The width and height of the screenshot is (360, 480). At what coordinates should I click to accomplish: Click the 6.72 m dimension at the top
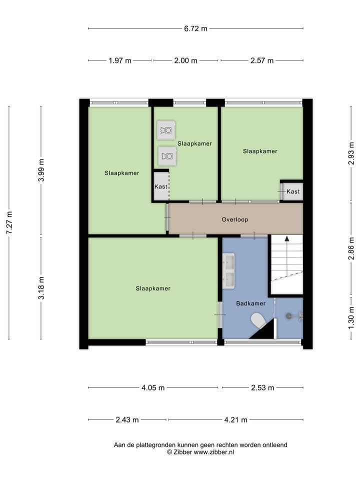coord(195,28)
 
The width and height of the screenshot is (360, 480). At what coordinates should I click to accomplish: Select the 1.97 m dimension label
coord(120,60)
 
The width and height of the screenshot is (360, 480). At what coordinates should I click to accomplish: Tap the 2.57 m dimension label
coord(262,60)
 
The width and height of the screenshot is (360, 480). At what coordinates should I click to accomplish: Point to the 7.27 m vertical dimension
coord(9,222)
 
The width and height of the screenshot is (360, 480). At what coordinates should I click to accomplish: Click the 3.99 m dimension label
coord(41,171)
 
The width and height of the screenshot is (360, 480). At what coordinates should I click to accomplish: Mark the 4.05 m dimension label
coord(152,387)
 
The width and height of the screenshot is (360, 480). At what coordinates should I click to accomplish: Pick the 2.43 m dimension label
coord(127,419)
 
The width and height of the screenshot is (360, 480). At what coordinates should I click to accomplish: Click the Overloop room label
coord(235,219)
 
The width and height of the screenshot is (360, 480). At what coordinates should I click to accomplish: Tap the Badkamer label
coord(251,303)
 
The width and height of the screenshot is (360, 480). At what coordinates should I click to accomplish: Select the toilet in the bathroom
coord(259,320)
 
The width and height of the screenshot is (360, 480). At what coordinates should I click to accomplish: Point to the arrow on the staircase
coord(287,240)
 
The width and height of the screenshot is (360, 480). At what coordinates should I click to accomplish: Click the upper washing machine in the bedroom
coord(166,131)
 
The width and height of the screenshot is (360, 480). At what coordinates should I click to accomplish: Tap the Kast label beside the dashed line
coord(161,186)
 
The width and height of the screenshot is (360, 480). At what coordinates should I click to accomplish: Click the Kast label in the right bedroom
coord(293,191)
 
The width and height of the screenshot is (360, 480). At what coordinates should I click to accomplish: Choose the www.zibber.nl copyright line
coord(200,452)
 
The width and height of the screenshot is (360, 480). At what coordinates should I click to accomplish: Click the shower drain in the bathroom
coord(288,315)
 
